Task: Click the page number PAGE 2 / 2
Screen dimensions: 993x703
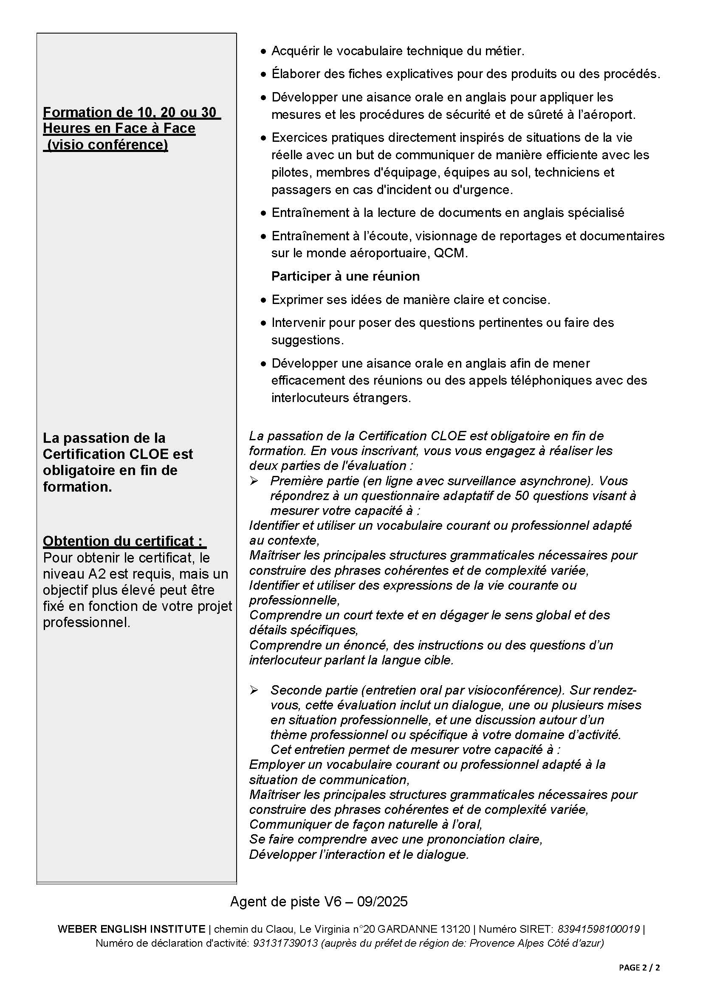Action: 639,968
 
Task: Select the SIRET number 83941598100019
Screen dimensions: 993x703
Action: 598,929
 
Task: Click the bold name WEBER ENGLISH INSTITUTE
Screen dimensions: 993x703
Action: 131,929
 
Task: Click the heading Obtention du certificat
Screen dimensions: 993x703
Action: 124,541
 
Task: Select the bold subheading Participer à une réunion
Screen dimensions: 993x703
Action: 345,276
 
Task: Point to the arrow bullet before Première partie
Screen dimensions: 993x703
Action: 254,481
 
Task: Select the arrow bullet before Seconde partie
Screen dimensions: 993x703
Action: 254,690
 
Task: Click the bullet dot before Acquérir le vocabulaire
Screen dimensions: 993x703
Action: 263,52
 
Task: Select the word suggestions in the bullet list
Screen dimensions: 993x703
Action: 307,340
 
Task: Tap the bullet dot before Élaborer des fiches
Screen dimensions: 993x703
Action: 263,75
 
